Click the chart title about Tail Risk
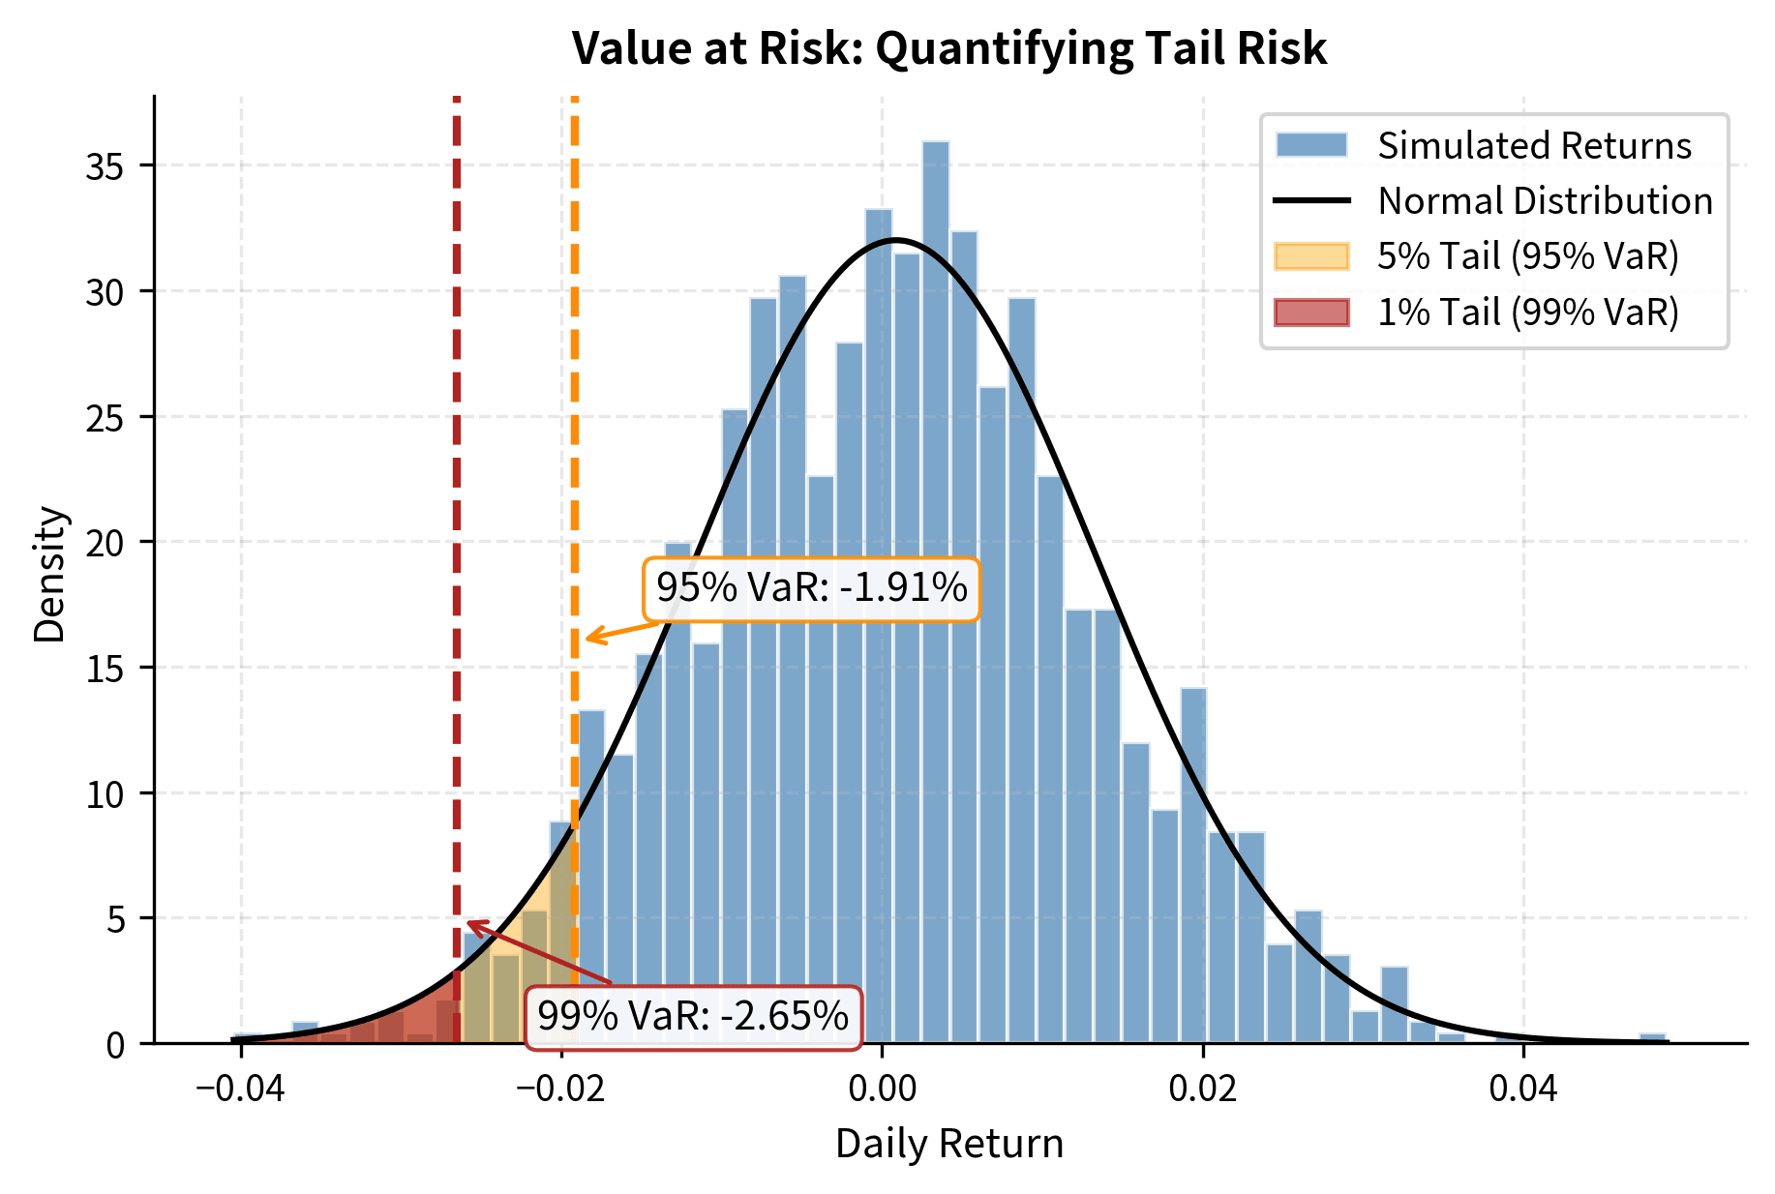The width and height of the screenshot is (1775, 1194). tap(948, 48)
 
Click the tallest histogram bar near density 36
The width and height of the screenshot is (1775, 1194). tap(935, 581)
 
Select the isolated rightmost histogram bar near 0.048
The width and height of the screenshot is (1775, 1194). tap(1652, 1038)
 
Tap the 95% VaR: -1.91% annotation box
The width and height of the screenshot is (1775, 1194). tap(811, 588)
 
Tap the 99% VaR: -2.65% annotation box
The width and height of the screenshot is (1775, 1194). tap(692, 1017)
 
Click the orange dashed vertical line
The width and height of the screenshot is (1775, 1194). tap(574, 387)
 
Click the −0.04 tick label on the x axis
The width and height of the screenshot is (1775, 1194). tap(239, 1089)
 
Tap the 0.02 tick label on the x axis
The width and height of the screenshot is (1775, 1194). tap(1202, 1089)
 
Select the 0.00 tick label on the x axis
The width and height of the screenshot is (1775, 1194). tap(882, 1089)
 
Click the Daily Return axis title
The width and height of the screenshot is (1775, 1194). tap(948, 1144)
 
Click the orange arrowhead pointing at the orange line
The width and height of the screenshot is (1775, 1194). tap(589, 638)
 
